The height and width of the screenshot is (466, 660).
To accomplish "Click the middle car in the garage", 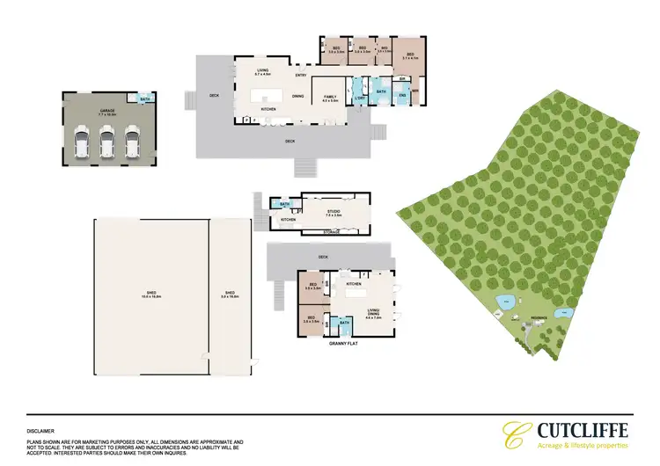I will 107,142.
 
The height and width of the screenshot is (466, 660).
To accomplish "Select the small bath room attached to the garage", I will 145,98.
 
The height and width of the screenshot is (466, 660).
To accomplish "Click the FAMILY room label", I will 331,96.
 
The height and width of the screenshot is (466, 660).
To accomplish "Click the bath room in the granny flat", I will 345,324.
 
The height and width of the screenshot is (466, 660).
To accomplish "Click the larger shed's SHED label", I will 150,292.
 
